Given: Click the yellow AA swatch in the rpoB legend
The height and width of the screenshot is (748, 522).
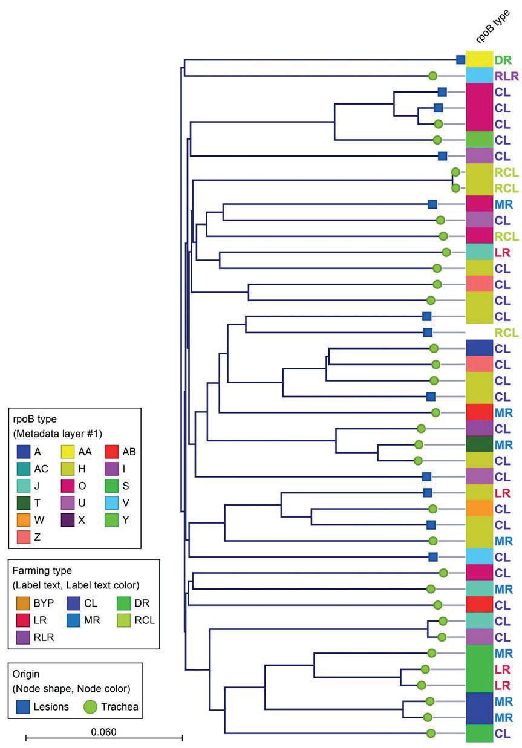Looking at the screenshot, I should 68,451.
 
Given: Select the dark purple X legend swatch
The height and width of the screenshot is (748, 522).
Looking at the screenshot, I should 68,519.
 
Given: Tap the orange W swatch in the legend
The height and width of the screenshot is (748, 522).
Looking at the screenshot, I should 23,519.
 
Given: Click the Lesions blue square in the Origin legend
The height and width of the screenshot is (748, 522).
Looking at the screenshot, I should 23,705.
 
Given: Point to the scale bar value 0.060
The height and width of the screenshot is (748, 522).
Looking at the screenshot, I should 103,731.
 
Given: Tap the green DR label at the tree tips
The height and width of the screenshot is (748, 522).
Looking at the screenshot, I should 503,60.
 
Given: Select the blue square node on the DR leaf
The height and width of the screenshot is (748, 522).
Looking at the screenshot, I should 460,59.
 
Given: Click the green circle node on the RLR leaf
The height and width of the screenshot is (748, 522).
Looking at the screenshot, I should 433,76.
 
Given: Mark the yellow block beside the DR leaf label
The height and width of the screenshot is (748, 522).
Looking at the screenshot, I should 478,59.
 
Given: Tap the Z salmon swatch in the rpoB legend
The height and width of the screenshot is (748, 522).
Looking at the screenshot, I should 23,536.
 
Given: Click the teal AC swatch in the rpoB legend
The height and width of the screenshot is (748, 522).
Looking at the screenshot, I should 23,468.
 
